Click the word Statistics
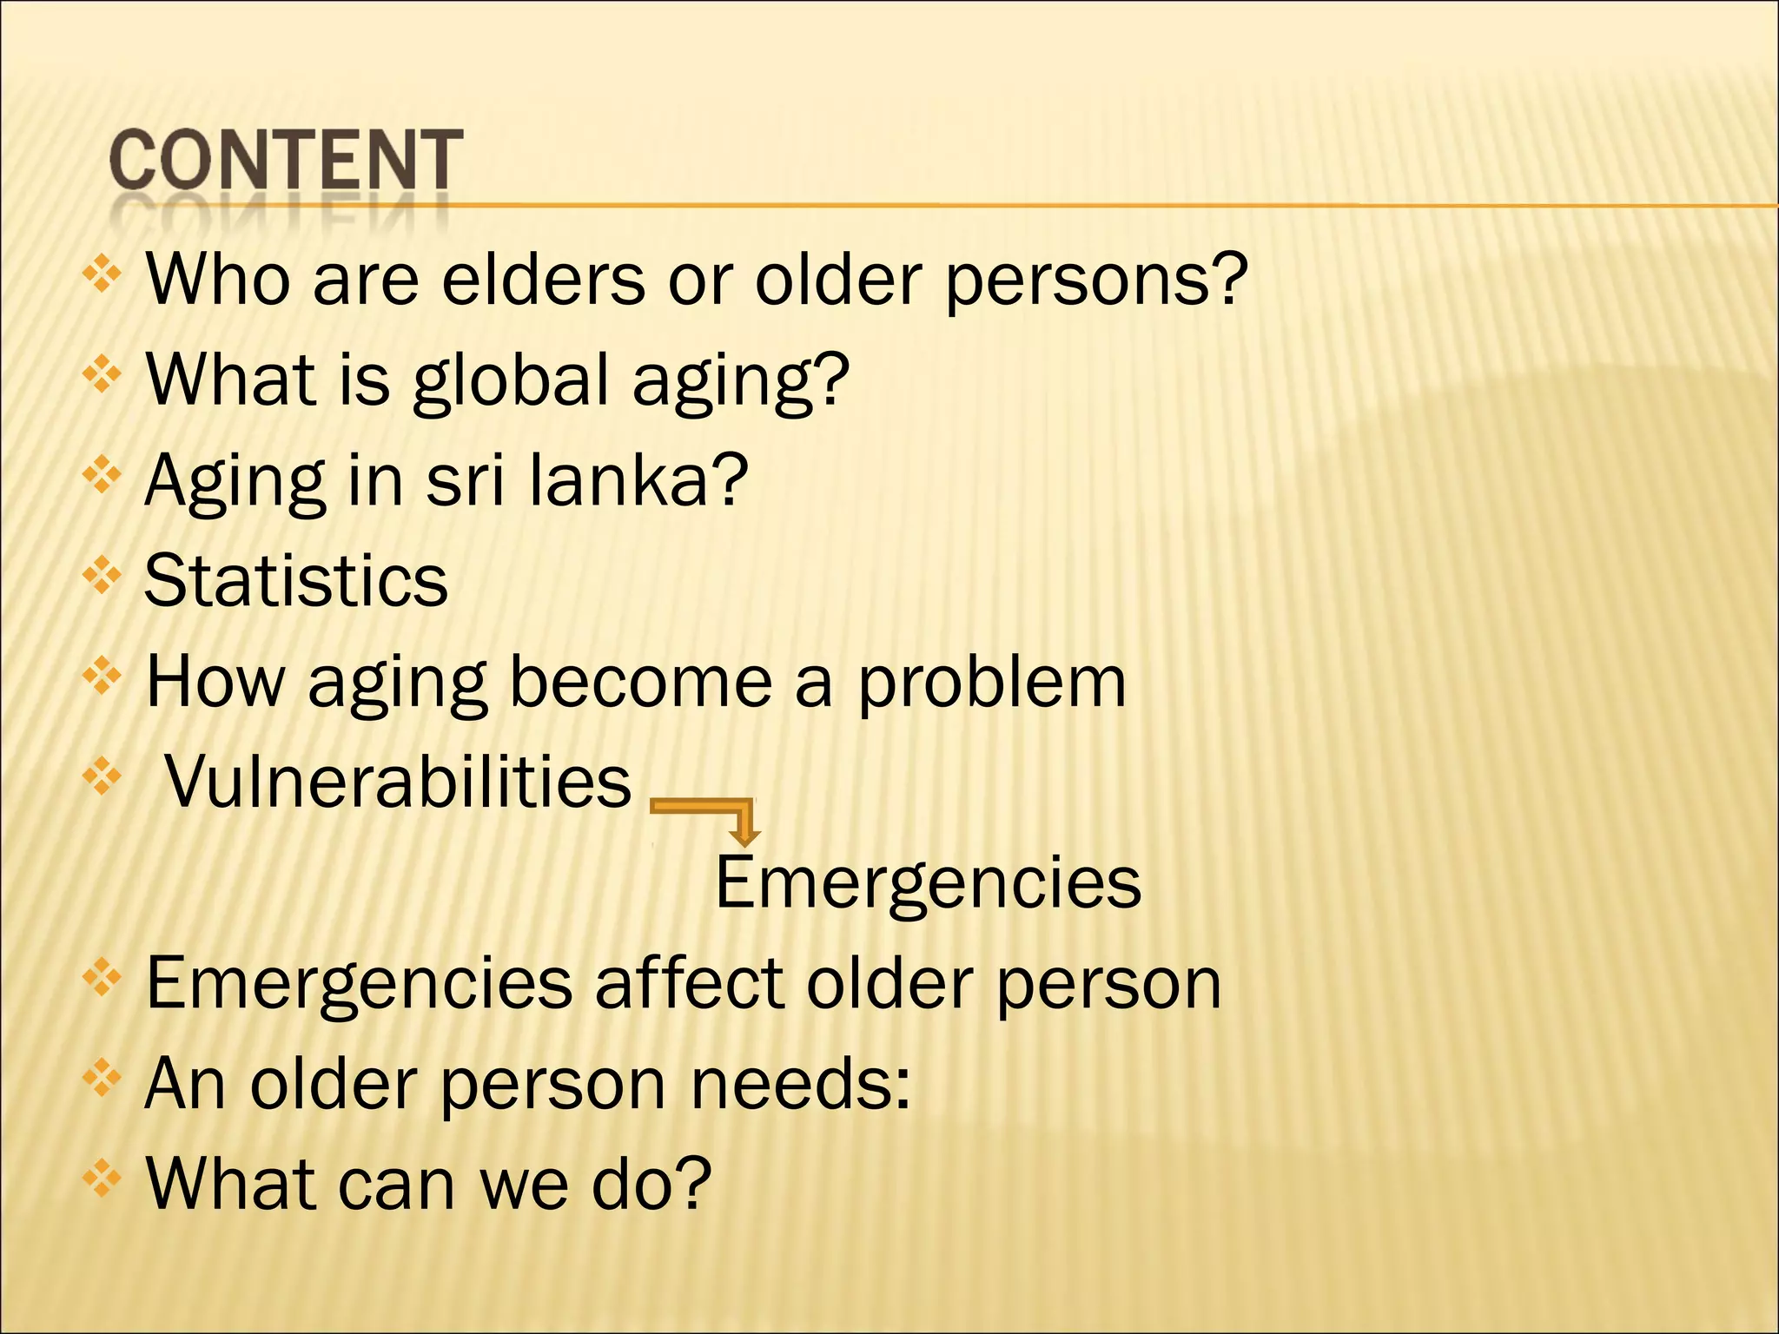coord(295,580)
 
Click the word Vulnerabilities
coord(398,781)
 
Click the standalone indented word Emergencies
coord(927,882)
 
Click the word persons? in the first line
coord(1096,280)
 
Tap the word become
coord(641,683)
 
